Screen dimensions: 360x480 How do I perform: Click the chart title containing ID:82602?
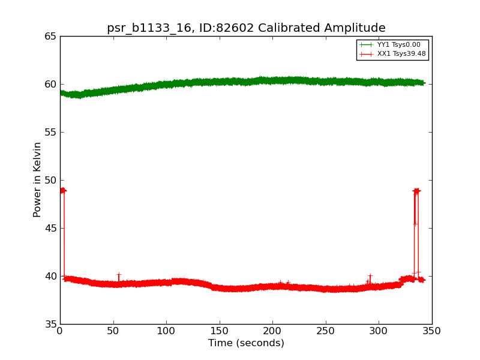click(x=246, y=28)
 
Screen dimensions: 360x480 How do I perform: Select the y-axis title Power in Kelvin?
click(x=38, y=179)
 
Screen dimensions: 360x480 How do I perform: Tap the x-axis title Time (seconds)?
click(x=246, y=343)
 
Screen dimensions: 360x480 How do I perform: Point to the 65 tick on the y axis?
click(x=50, y=36)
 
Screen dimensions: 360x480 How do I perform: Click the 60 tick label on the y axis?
click(x=50, y=84)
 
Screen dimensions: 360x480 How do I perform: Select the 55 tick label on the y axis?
click(x=50, y=132)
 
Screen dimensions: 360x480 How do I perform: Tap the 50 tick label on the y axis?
click(x=50, y=180)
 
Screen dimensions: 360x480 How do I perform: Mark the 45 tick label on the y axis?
click(x=50, y=228)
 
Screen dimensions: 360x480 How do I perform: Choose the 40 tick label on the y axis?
click(x=50, y=276)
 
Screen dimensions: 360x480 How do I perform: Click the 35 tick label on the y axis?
click(x=50, y=324)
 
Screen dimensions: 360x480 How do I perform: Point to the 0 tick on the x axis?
click(x=60, y=331)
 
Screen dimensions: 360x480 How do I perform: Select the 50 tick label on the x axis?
click(x=113, y=331)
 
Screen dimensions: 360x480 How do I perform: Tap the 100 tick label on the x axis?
click(x=166, y=331)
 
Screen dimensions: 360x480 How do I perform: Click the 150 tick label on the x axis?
click(x=220, y=331)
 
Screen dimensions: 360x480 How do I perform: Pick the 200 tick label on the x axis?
click(x=272, y=331)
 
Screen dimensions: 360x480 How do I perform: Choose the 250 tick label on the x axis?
click(x=326, y=331)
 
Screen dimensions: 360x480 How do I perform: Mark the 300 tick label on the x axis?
click(x=379, y=331)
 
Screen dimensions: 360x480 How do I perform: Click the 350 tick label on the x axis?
click(x=432, y=331)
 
